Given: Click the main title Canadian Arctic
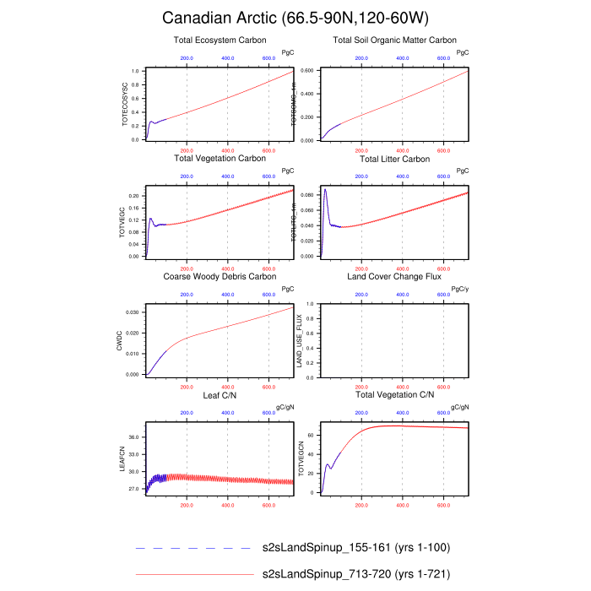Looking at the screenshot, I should (x=295, y=18).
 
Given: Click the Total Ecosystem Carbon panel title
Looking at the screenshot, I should (x=220, y=40).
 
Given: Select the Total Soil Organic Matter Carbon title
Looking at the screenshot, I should (x=394, y=40).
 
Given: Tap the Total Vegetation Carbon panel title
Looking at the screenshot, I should (x=220, y=158).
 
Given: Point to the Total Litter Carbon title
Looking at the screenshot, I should (x=394, y=158).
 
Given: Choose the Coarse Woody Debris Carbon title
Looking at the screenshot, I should (x=220, y=276).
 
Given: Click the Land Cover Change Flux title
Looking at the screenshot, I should (x=394, y=276).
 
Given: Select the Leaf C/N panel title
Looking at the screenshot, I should (x=220, y=394).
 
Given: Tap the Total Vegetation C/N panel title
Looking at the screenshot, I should (x=394, y=394).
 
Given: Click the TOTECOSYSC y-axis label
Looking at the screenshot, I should (x=125, y=104).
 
